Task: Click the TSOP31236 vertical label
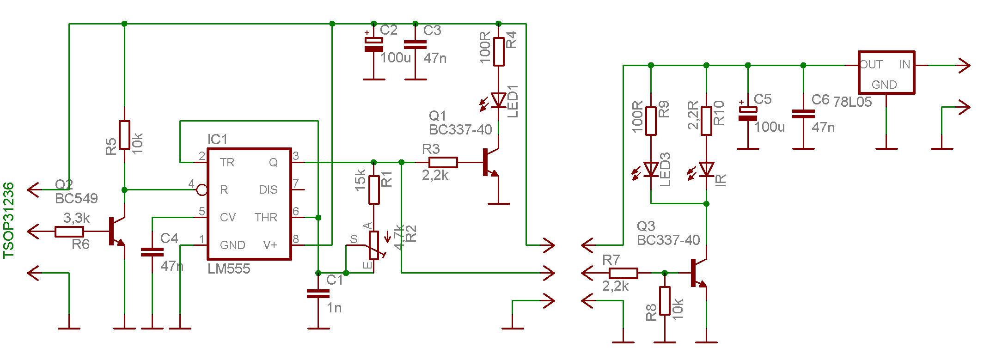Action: tap(9, 220)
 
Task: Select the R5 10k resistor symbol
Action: tap(124, 135)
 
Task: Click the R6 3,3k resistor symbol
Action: tap(69, 232)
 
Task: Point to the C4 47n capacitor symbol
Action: tap(152, 252)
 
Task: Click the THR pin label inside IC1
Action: tap(266, 217)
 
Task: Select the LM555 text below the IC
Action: tap(229, 269)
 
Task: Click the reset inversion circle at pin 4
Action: tap(202, 189)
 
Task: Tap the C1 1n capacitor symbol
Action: tap(318, 293)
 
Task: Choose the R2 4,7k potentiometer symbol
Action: tap(374, 245)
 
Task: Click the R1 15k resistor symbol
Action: tap(374, 189)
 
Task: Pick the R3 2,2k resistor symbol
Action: tap(443, 162)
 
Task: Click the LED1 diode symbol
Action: tap(498, 100)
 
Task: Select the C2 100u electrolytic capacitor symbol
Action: tap(374, 44)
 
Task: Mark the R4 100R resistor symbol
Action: tap(498, 51)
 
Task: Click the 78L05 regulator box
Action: tap(886, 73)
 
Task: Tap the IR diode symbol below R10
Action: tap(706, 170)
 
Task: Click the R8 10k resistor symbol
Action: tap(665, 301)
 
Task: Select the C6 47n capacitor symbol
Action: tap(803, 114)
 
